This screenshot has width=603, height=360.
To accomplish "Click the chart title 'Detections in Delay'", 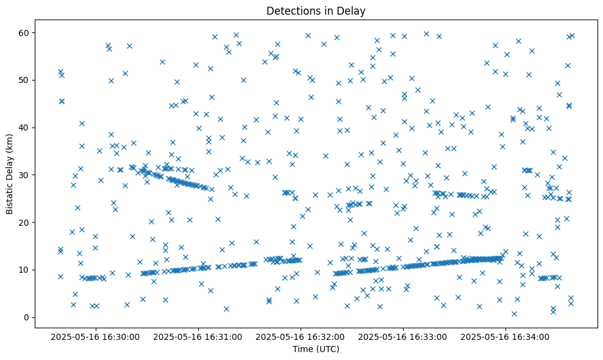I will pyautogui.click(x=316, y=11).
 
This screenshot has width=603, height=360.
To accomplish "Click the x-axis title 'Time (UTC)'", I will pyautogui.click(x=316, y=349).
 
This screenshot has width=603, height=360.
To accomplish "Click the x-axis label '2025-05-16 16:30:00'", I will pyautogui.click(x=96, y=336).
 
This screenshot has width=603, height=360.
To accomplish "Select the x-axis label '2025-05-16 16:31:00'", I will pyautogui.click(x=198, y=336).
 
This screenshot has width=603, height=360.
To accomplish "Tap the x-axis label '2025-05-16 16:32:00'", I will pyautogui.click(x=301, y=336).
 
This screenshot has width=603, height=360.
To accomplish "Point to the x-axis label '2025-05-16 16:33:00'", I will pyautogui.click(x=403, y=336).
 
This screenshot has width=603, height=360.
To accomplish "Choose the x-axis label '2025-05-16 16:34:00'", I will pyautogui.click(x=505, y=336).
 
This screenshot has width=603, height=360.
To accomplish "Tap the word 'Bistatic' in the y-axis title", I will pyautogui.click(x=10, y=196).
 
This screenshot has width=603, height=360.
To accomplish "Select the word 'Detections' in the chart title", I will pyautogui.click(x=291, y=11).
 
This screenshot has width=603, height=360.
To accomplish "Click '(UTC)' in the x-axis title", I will pyautogui.click(x=327, y=349).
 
